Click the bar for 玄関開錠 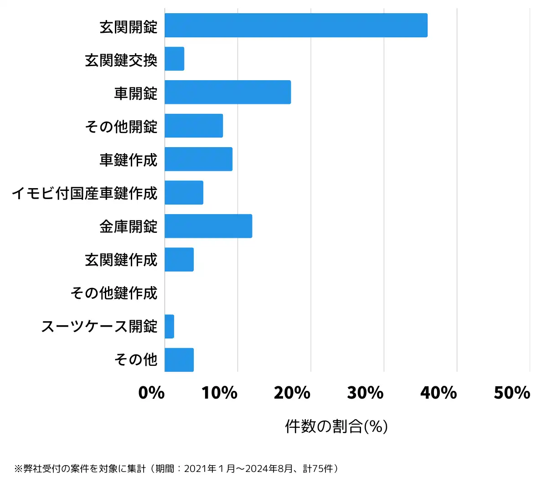click(296, 26)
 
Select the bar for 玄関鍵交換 click(175, 59)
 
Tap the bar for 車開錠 click(227, 92)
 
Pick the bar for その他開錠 click(194, 126)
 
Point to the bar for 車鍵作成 click(198, 159)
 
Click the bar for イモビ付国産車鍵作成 click(184, 193)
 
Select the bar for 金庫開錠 click(208, 226)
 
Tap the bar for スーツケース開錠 click(169, 326)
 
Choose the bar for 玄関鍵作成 click(179, 260)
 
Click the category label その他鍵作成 click(114, 293)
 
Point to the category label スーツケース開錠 click(99, 326)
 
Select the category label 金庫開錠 click(129, 226)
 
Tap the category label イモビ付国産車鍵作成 click(85, 193)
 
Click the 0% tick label click(151, 393)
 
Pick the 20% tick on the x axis click(292, 393)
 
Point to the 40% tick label click(439, 393)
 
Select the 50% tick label click(512, 393)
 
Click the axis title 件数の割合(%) click(336, 426)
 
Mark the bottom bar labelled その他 click(179, 360)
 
